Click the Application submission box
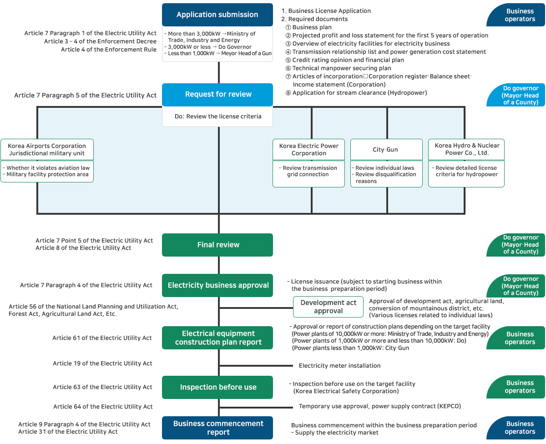click(217, 15)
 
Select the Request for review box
click(217, 94)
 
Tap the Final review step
click(217, 245)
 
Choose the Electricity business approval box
click(217, 285)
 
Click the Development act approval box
click(328, 307)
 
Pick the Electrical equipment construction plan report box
click(217, 338)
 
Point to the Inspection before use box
click(217, 387)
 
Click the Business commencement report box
click(217, 428)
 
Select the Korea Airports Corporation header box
click(47, 150)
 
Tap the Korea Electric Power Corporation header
click(308, 150)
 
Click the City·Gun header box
click(385, 150)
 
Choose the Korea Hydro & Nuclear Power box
click(466, 150)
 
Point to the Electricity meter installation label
click(339, 366)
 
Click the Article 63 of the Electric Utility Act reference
click(102, 387)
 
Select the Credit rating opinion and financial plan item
click(348, 60)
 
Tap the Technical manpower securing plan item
click(341, 68)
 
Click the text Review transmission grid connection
click(308, 171)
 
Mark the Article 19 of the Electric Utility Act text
click(102, 363)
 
